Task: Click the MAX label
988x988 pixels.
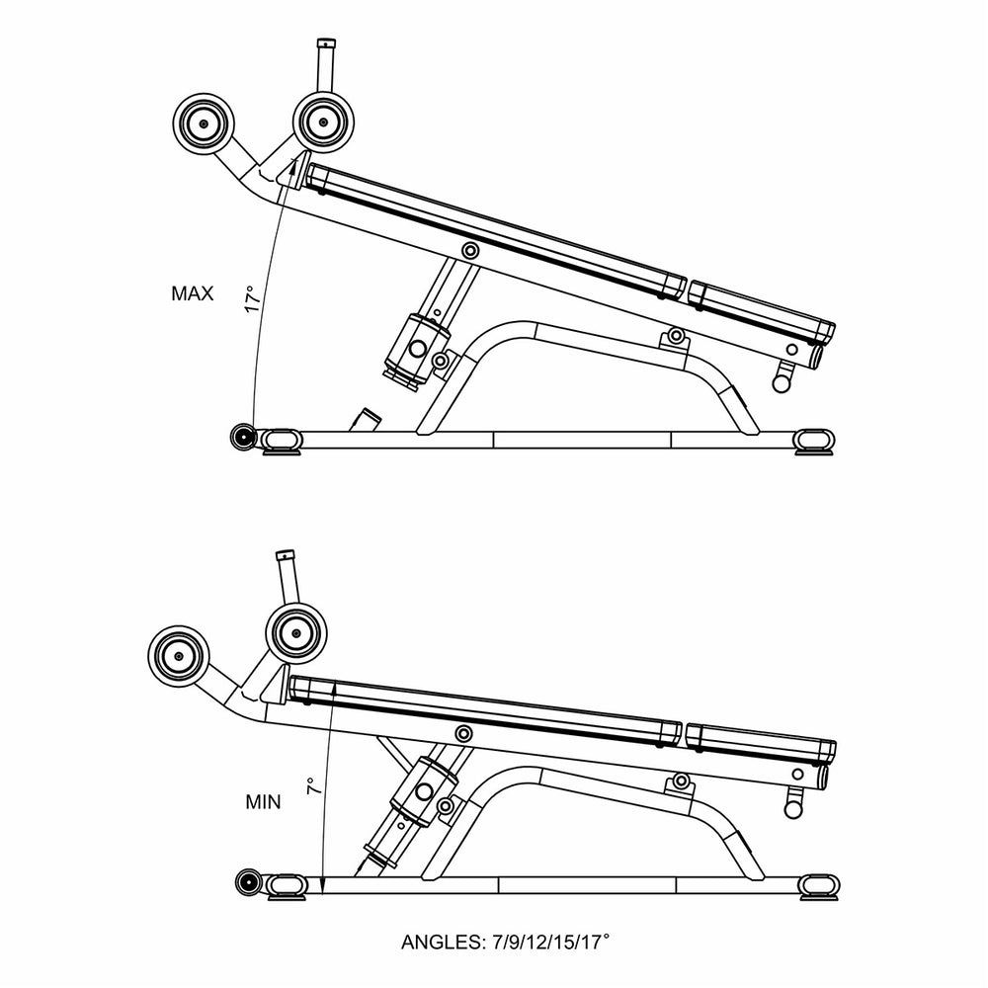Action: [192, 293]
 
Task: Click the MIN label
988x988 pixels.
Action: [263, 802]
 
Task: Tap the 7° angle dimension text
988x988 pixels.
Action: [311, 787]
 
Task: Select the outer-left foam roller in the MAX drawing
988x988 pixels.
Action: [203, 124]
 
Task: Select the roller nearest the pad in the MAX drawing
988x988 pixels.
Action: [322, 123]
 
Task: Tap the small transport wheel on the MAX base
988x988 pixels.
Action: [243, 436]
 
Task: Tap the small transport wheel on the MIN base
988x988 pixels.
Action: [248, 882]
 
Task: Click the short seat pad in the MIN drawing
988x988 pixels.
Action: [757, 742]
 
